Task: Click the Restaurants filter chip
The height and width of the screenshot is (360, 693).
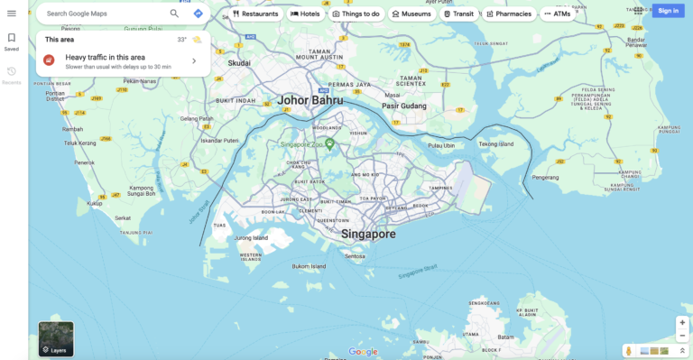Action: tap(255, 14)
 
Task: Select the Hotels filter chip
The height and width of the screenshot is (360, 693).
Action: tap(305, 14)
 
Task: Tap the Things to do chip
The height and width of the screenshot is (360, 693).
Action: tap(356, 14)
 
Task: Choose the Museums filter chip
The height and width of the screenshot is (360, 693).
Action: tap(411, 14)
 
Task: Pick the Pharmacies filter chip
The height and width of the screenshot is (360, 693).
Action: tap(508, 14)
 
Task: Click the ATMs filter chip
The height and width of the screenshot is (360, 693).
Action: tap(558, 14)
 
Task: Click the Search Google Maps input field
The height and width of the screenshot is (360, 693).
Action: tap(104, 14)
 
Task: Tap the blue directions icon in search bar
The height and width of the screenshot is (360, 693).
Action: tap(199, 14)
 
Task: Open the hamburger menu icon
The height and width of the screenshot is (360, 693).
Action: tap(12, 14)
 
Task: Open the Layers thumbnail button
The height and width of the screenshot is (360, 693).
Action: tap(56, 338)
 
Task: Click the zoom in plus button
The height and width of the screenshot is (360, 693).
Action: tap(682, 322)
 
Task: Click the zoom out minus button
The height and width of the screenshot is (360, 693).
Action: tap(682, 336)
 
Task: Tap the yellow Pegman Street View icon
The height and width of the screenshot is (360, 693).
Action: tap(629, 350)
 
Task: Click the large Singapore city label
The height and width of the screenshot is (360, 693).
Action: tap(368, 234)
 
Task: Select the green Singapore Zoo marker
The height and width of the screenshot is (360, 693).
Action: tap(330, 143)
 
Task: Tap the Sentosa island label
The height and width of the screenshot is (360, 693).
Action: tap(355, 256)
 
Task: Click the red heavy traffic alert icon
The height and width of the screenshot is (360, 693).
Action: tap(49, 60)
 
